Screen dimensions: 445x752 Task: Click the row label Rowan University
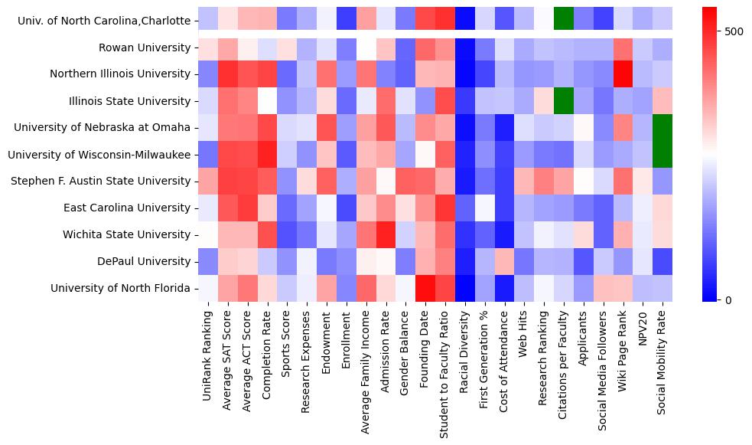pyautogui.click(x=144, y=47)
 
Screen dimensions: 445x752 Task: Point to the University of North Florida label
pyautogui.click(x=120, y=288)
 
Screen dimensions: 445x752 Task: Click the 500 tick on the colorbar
pyautogui.click(x=733, y=31)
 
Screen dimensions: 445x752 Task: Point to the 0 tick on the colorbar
pyautogui.click(x=728, y=299)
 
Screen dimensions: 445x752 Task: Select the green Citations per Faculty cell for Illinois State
pyautogui.click(x=565, y=100)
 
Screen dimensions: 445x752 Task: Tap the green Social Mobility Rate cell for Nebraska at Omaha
pyautogui.click(x=663, y=127)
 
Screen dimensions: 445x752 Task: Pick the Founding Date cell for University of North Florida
pyautogui.click(x=425, y=288)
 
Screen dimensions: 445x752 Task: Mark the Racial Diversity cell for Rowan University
pyautogui.click(x=465, y=47)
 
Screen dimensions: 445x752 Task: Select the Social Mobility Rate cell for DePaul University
pyautogui.click(x=663, y=261)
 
